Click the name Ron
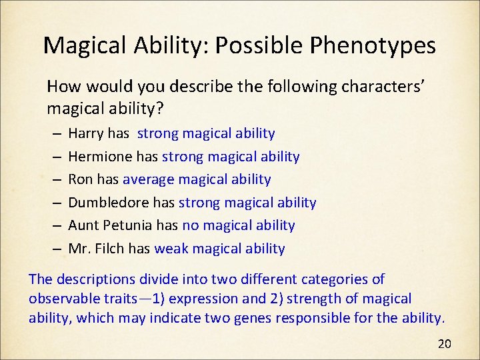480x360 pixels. (81, 179)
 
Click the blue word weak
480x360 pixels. (170, 249)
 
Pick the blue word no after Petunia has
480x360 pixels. (190, 225)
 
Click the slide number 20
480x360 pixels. (444, 344)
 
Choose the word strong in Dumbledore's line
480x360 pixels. (201, 202)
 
